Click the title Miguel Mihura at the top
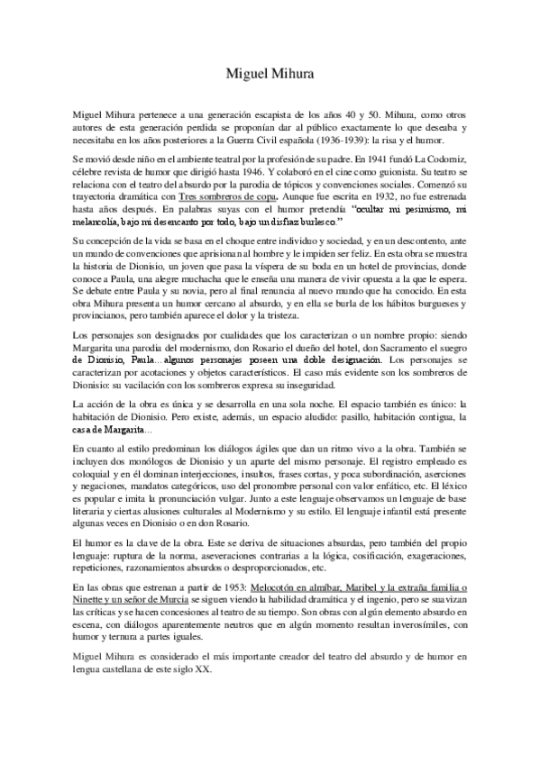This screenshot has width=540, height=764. coord(270,77)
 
